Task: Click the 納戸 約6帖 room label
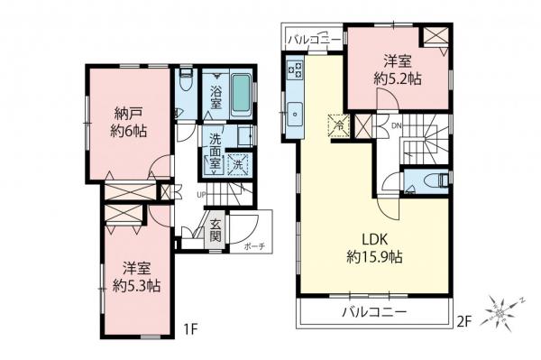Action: coord(130,122)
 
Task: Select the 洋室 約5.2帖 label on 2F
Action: coord(399,69)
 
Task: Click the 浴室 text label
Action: coord(215,97)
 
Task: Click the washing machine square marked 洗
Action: coord(239,164)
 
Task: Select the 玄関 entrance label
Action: coord(215,231)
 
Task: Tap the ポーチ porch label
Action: coord(253,248)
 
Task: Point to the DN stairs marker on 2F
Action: coord(396,125)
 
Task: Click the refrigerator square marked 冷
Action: coord(338,125)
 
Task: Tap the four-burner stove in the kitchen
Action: coord(295,68)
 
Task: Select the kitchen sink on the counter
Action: coord(295,114)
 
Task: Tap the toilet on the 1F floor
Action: coord(186,81)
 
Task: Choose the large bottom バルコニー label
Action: coord(373,312)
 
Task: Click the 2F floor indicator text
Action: coord(463,319)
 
